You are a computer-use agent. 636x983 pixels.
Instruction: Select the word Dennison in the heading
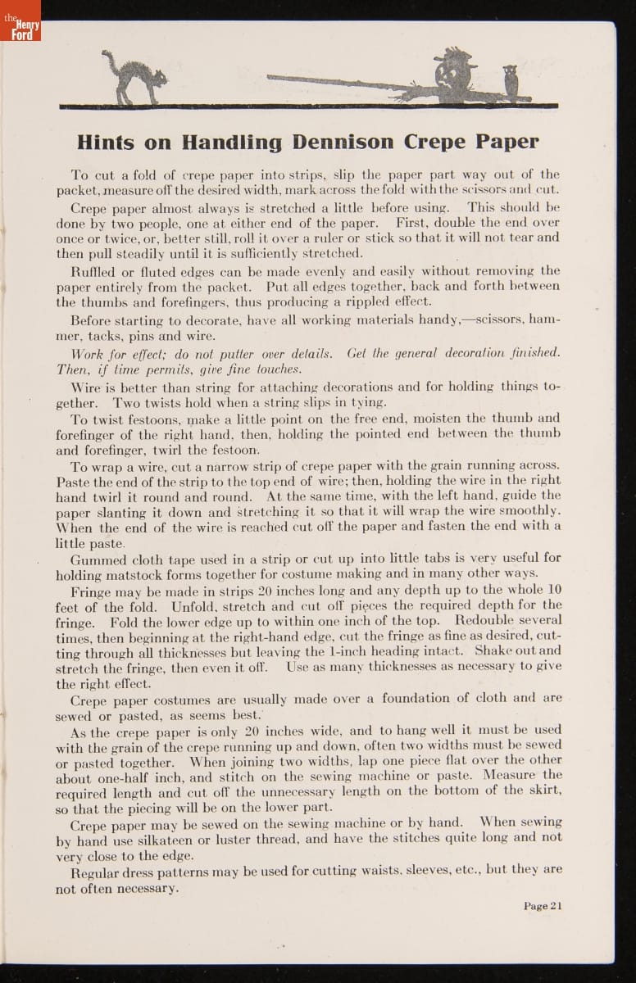[344, 142]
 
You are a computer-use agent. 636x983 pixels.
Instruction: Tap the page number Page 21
[543, 905]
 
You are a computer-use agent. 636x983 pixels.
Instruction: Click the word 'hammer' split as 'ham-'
[544, 320]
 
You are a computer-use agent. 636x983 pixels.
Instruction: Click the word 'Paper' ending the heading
[503, 142]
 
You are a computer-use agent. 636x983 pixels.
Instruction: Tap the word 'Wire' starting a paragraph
[85, 387]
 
